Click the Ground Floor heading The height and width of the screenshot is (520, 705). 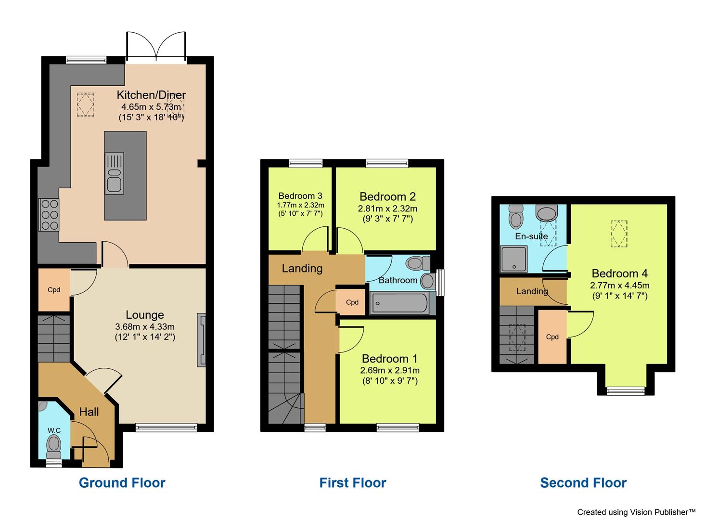(x=122, y=482)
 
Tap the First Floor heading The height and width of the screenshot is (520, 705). (x=352, y=482)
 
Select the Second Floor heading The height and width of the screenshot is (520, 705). (x=583, y=482)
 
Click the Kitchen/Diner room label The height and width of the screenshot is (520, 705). (x=151, y=94)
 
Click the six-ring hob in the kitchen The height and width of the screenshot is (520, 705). (x=49, y=215)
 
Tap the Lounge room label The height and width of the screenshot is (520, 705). (x=145, y=315)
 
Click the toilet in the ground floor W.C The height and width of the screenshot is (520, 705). (x=54, y=445)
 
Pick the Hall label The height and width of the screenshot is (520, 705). (x=89, y=412)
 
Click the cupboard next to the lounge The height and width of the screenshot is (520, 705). (x=54, y=290)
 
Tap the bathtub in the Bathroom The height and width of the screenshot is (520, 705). (x=399, y=304)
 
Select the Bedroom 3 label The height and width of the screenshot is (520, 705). (x=300, y=196)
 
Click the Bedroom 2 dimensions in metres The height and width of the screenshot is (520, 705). (x=387, y=208)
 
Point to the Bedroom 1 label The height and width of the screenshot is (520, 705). (x=389, y=359)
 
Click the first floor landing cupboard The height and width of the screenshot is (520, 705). (x=352, y=302)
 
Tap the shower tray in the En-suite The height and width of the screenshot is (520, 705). (x=514, y=259)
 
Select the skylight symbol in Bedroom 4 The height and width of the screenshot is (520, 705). (x=619, y=234)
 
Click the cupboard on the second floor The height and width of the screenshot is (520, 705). (x=552, y=337)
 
